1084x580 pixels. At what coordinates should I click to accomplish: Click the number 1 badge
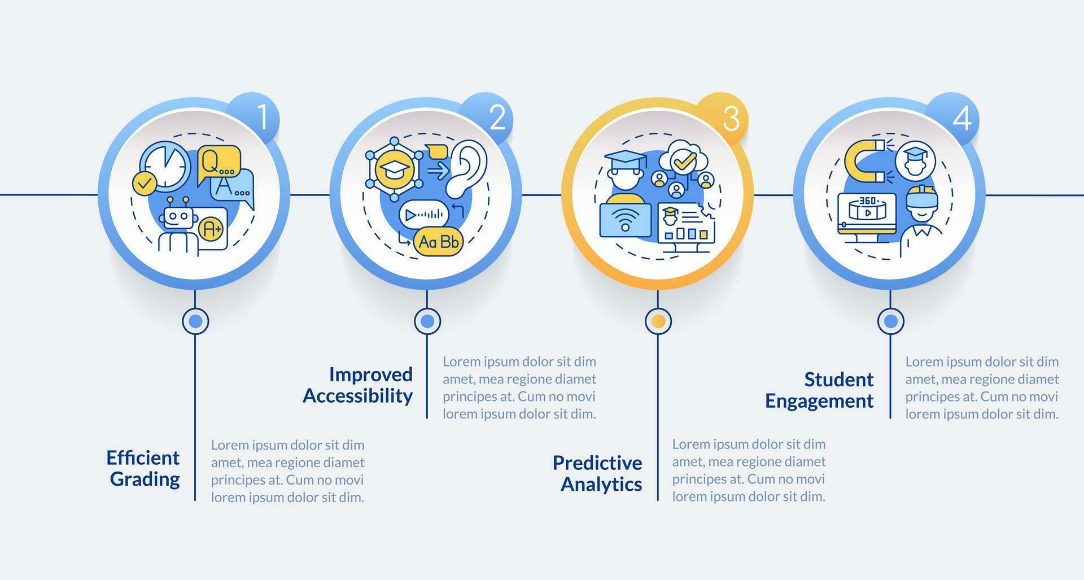[261, 117]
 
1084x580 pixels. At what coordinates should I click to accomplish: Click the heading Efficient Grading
[143, 468]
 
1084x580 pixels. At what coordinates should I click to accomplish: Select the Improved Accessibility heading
[359, 385]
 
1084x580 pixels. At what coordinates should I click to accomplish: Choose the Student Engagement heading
[820, 390]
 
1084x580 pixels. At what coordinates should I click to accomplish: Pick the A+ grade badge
[212, 229]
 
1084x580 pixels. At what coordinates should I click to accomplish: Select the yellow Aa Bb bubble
[438, 242]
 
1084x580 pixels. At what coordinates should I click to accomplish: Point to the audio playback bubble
[423, 215]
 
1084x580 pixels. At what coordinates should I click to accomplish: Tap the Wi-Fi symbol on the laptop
[625, 220]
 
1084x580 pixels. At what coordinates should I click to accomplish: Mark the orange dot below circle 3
[658, 321]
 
